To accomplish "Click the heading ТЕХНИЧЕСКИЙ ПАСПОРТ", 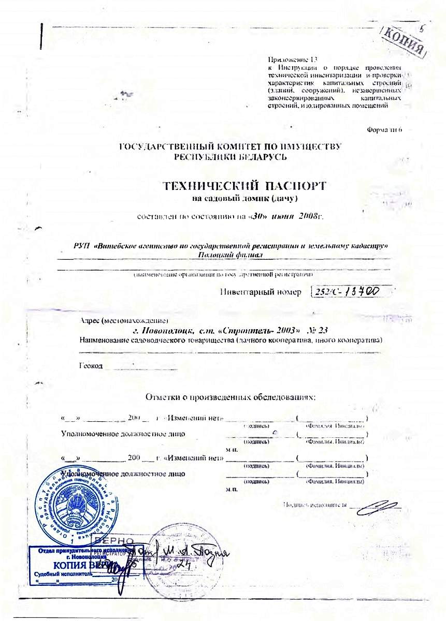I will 244,186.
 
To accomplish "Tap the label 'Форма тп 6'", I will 384,129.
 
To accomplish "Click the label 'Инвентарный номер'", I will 261,293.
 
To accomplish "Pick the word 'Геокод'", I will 91,365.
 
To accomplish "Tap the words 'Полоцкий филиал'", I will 231,255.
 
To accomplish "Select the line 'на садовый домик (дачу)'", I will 244,198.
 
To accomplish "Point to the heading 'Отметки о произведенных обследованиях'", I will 231,397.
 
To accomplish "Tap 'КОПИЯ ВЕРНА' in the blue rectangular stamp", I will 78,565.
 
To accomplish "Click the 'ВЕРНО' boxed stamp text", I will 124,541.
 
